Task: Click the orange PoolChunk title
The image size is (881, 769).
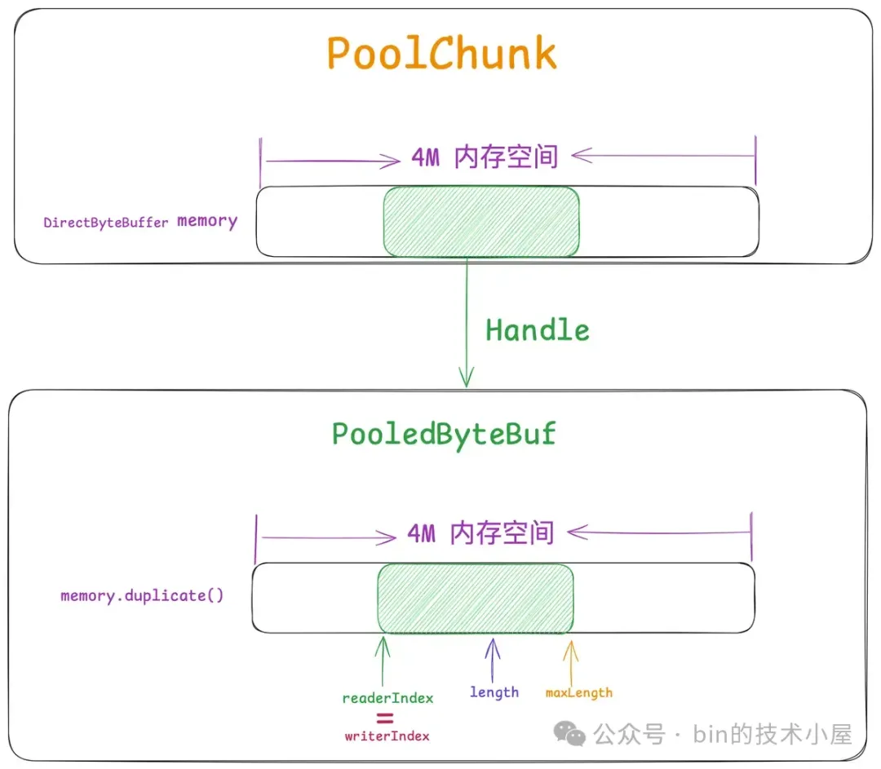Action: pyautogui.click(x=441, y=53)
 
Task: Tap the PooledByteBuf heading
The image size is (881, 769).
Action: pyautogui.click(x=443, y=433)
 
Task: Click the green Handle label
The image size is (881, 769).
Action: pyautogui.click(x=537, y=329)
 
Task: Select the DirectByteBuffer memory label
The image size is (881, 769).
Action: pyautogui.click(x=140, y=222)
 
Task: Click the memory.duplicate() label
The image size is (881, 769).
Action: pyautogui.click(x=142, y=595)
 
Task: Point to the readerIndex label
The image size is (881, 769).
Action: pyautogui.click(x=387, y=698)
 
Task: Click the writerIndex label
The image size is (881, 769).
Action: pyautogui.click(x=387, y=736)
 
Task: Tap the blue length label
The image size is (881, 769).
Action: pyautogui.click(x=494, y=692)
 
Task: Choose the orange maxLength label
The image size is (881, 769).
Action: pyautogui.click(x=578, y=692)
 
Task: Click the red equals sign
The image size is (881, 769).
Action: pyautogui.click(x=384, y=718)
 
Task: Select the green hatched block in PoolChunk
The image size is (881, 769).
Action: pyautogui.click(x=481, y=222)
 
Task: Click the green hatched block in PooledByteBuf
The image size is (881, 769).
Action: pyautogui.click(x=476, y=599)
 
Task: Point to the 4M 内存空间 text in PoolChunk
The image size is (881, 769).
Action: pyautogui.click(x=485, y=157)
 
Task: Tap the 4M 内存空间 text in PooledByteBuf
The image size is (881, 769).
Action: pyautogui.click(x=480, y=534)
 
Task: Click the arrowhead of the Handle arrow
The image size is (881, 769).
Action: pyautogui.click(x=466, y=378)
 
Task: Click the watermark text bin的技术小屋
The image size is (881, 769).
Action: pyautogui.click(x=773, y=734)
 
